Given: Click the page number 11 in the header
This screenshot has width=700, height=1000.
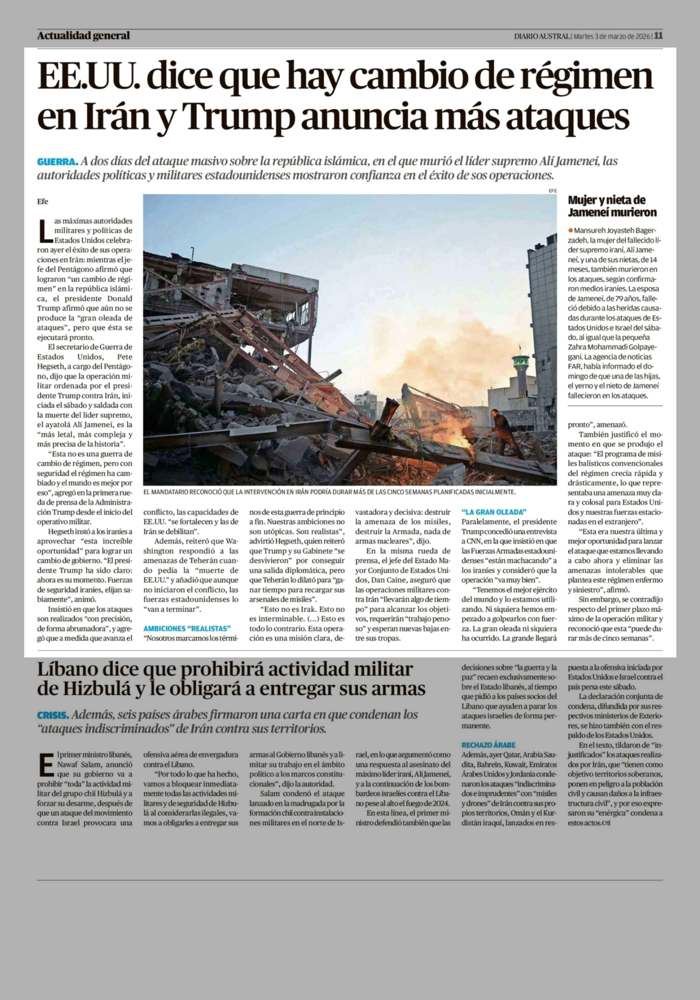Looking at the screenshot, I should click(658, 36).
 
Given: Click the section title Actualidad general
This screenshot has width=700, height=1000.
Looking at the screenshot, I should click(83, 36).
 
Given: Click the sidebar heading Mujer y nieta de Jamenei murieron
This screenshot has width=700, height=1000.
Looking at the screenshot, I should click(612, 206).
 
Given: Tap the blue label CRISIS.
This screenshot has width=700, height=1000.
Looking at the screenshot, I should click(53, 715).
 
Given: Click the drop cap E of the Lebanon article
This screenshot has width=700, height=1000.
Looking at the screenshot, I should click(46, 764).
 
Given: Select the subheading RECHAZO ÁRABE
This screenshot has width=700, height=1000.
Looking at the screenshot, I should click(488, 745).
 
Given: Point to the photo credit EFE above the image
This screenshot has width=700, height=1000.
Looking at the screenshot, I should click(553, 190).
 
